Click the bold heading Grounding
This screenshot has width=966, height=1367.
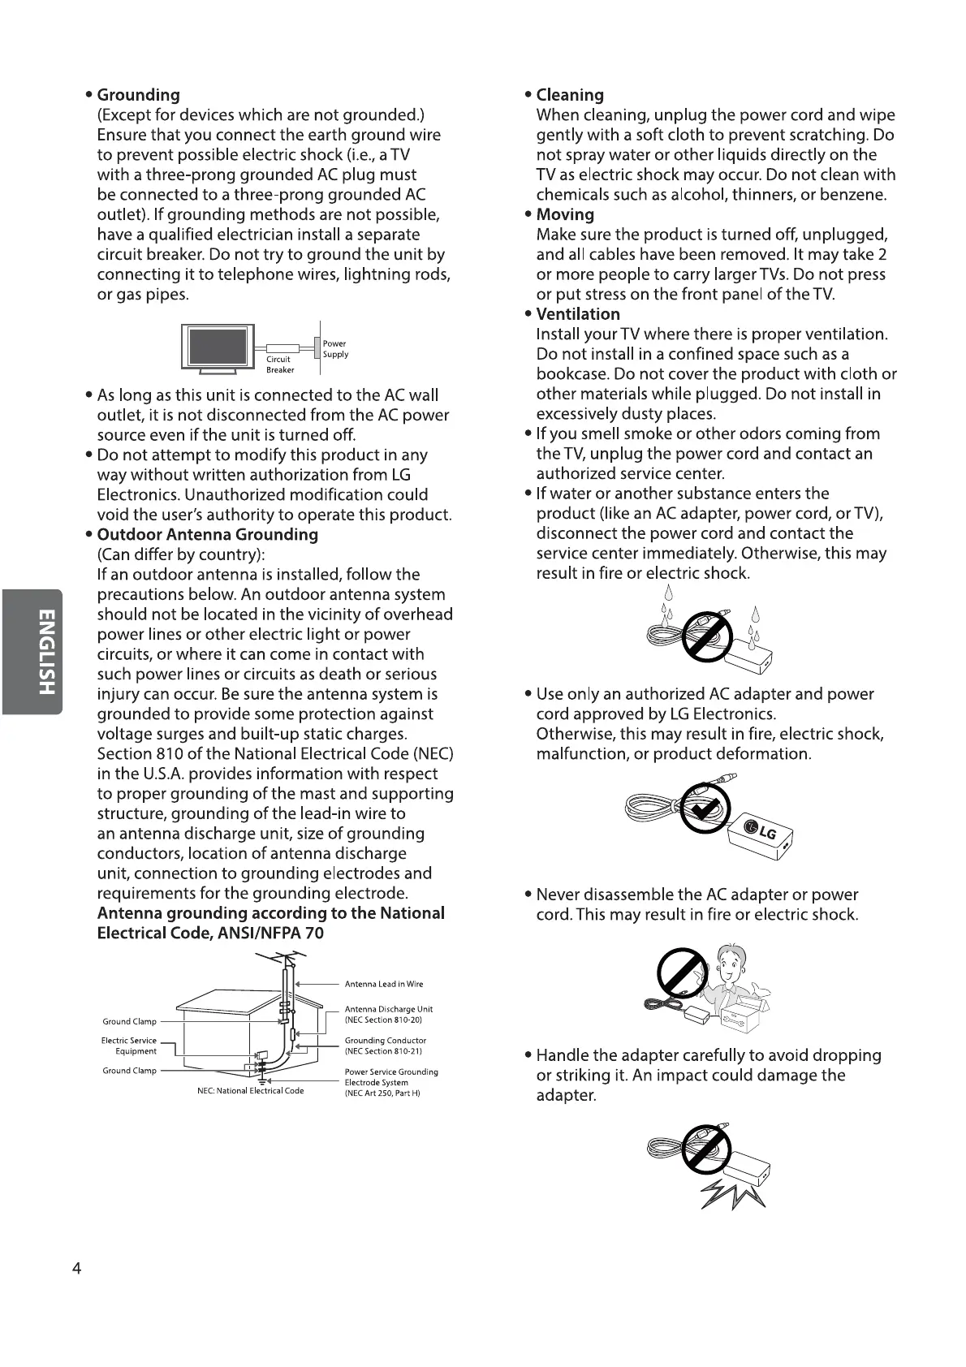pos(138,95)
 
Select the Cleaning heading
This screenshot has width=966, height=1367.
pos(570,95)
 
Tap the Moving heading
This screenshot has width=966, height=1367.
pos(565,214)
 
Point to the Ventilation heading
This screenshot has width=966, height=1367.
pos(578,314)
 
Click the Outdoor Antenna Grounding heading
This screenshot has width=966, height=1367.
pos(207,535)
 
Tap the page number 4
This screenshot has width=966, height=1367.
pos(77,1269)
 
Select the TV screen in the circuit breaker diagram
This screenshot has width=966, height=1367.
pos(218,347)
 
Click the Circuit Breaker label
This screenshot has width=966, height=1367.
pos(279,364)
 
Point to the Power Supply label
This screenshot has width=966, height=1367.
pos(335,349)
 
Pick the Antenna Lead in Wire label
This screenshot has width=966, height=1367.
pos(384,984)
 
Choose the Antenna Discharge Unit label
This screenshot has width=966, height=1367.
pos(388,1014)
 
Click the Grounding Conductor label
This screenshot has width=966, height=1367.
pos(385,1046)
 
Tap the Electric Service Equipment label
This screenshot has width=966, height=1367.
pos(130,1046)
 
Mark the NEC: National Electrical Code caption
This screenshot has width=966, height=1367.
pos(251,1091)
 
